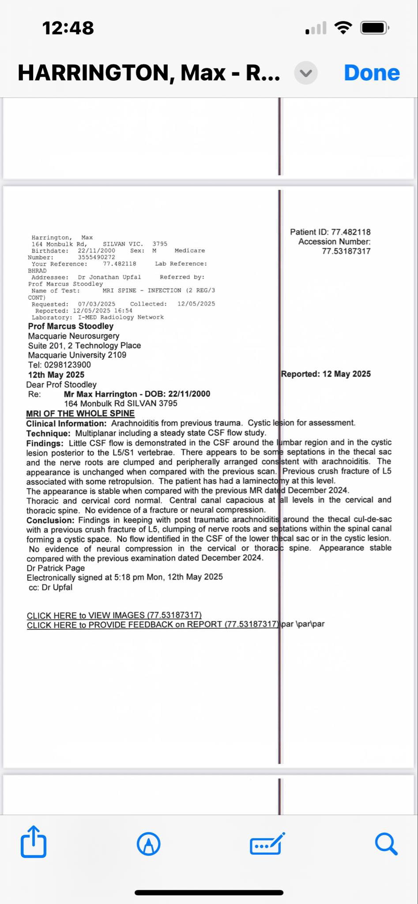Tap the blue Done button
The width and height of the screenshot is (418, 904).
click(x=372, y=73)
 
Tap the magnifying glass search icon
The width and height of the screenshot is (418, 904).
click(x=386, y=844)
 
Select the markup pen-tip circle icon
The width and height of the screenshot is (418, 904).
click(x=149, y=844)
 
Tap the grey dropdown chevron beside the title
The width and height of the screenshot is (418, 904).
click(x=306, y=73)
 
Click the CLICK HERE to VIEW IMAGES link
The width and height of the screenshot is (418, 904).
click(x=114, y=615)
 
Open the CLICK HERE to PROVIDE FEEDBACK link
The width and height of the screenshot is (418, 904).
click(x=152, y=625)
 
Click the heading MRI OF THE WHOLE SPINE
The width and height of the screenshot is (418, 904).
click(x=80, y=414)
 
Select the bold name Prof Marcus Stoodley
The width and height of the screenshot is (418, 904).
click(x=71, y=326)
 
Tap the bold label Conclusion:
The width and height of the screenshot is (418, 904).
click(x=50, y=520)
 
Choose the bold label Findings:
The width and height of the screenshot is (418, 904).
click(x=45, y=443)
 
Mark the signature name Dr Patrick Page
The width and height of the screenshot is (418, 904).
click(x=56, y=568)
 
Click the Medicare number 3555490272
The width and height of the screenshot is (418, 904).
click(x=96, y=257)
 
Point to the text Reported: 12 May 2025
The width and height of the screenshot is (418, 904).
click(x=326, y=374)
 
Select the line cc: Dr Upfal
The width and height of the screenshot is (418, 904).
click(x=50, y=588)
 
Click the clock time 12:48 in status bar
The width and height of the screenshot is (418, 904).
click(x=68, y=28)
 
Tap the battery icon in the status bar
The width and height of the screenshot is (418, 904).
click(x=374, y=28)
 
